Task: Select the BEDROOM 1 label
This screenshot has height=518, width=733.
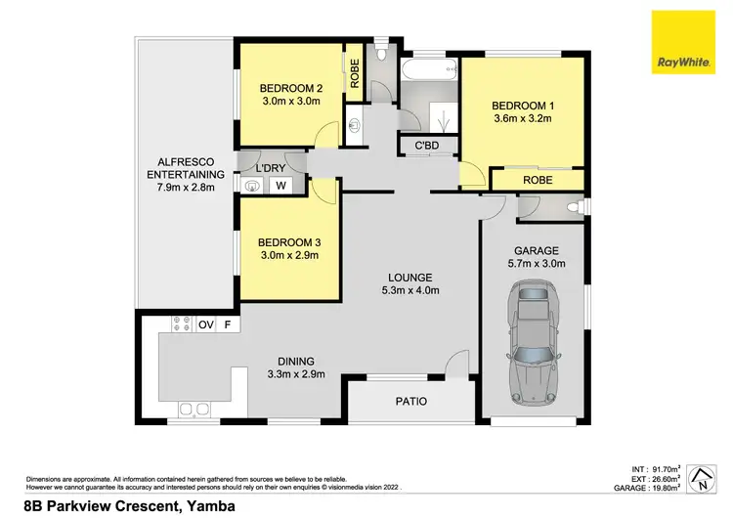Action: [521, 105]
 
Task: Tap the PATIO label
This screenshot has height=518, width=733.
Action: [411, 402]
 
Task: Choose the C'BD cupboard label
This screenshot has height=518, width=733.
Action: [426, 147]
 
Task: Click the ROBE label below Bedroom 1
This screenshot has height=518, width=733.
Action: [537, 181]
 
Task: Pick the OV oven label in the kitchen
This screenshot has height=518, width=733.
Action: [206, 324]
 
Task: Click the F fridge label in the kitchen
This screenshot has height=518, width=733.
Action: [228, 324]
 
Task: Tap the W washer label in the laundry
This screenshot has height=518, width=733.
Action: [280, 185]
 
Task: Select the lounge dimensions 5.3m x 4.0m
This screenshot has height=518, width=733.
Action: [409, 289]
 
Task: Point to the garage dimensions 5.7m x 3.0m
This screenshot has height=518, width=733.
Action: [534, 262]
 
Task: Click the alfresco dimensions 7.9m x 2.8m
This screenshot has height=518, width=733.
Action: [180, 187]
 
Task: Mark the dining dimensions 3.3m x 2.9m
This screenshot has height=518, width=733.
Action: [294, 373]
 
